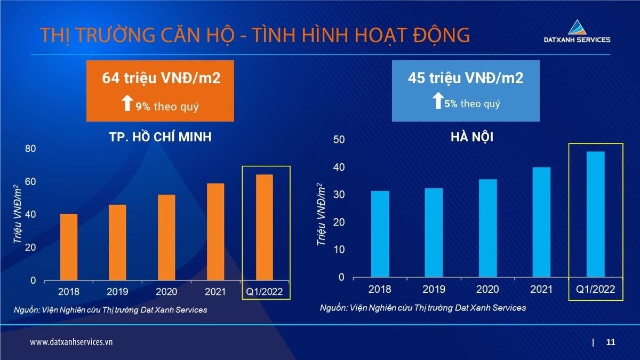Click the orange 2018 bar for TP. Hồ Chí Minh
click(x=69, y=247)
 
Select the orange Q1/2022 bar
click(x=265, y=227)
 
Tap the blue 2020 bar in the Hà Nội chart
click(x=487, y=228)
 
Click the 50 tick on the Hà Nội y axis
click(x=339, y=140)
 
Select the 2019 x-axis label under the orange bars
click(x=117, y=292)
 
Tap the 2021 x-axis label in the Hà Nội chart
click(x=541, y=289)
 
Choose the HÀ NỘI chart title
click(x=472, y=137)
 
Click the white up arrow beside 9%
click(x=127, y=103)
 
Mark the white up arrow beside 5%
click(x=437, y=101)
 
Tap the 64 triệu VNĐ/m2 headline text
click(x=161, y=78)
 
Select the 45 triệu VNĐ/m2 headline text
click(x=466, y=78)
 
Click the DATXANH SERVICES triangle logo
click(x=577, y=27)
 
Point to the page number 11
click(x=611, y=342)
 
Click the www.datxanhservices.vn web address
click(x=71, y=342)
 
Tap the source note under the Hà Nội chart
click(x=423, y=308)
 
